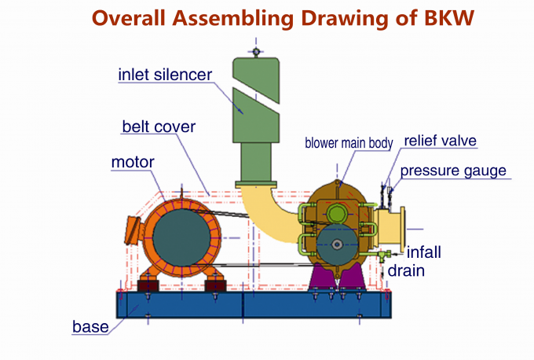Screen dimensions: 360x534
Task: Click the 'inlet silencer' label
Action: click(165, 75)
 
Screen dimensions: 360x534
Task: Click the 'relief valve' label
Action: click(440, 141)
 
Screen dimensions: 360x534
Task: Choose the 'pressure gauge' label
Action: click(453, 171)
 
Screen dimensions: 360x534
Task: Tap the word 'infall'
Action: click(424, 253)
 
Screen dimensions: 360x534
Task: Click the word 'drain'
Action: click(406, 271)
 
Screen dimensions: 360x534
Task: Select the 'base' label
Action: click(90, 325)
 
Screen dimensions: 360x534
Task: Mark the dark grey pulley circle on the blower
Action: click(337, 246)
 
